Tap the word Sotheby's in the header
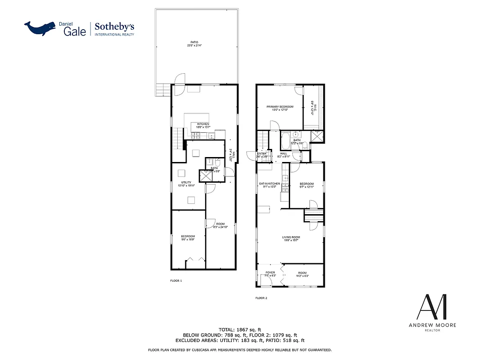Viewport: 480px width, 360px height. tap(114, 27)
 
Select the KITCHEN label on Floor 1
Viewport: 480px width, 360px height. tap(203, 124)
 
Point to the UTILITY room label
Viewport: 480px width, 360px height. tap(186, 182)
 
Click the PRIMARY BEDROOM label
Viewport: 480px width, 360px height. tap(280, 107)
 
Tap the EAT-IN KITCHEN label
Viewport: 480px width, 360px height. tap(269, 184)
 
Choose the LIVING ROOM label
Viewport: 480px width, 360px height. tap(291, 237)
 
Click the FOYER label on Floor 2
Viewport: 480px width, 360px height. tap(270, 272)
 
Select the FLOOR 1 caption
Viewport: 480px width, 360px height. tap(176, 281)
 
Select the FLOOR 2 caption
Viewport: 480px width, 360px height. tap(261, 298)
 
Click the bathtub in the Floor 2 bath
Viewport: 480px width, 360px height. tap(286, 140)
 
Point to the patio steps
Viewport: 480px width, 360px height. tap(162, 90)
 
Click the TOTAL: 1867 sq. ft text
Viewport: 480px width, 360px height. tap(240, 329)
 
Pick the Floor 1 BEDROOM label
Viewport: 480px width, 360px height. tap(188, 236)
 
